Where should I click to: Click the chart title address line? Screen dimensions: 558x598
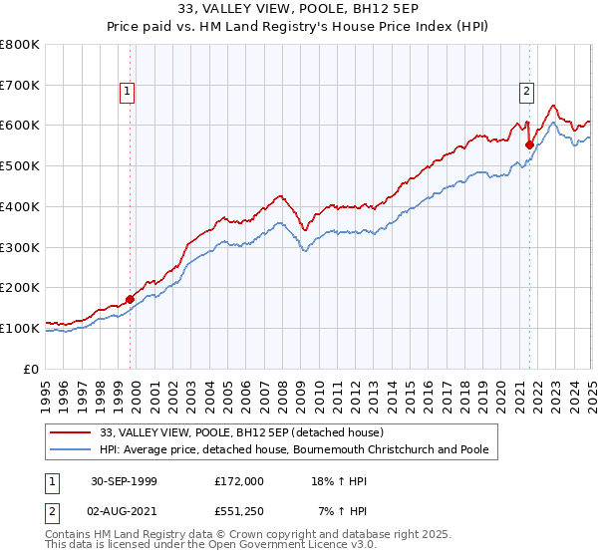point(298,10)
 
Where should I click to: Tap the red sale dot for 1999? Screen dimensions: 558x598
point(130,299)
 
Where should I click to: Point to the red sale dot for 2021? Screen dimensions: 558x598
point(529,144)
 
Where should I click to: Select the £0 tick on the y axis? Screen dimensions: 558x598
point(32,369)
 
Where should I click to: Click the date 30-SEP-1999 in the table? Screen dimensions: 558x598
point(122,480)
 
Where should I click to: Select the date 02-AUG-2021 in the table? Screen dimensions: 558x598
point(122,510)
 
